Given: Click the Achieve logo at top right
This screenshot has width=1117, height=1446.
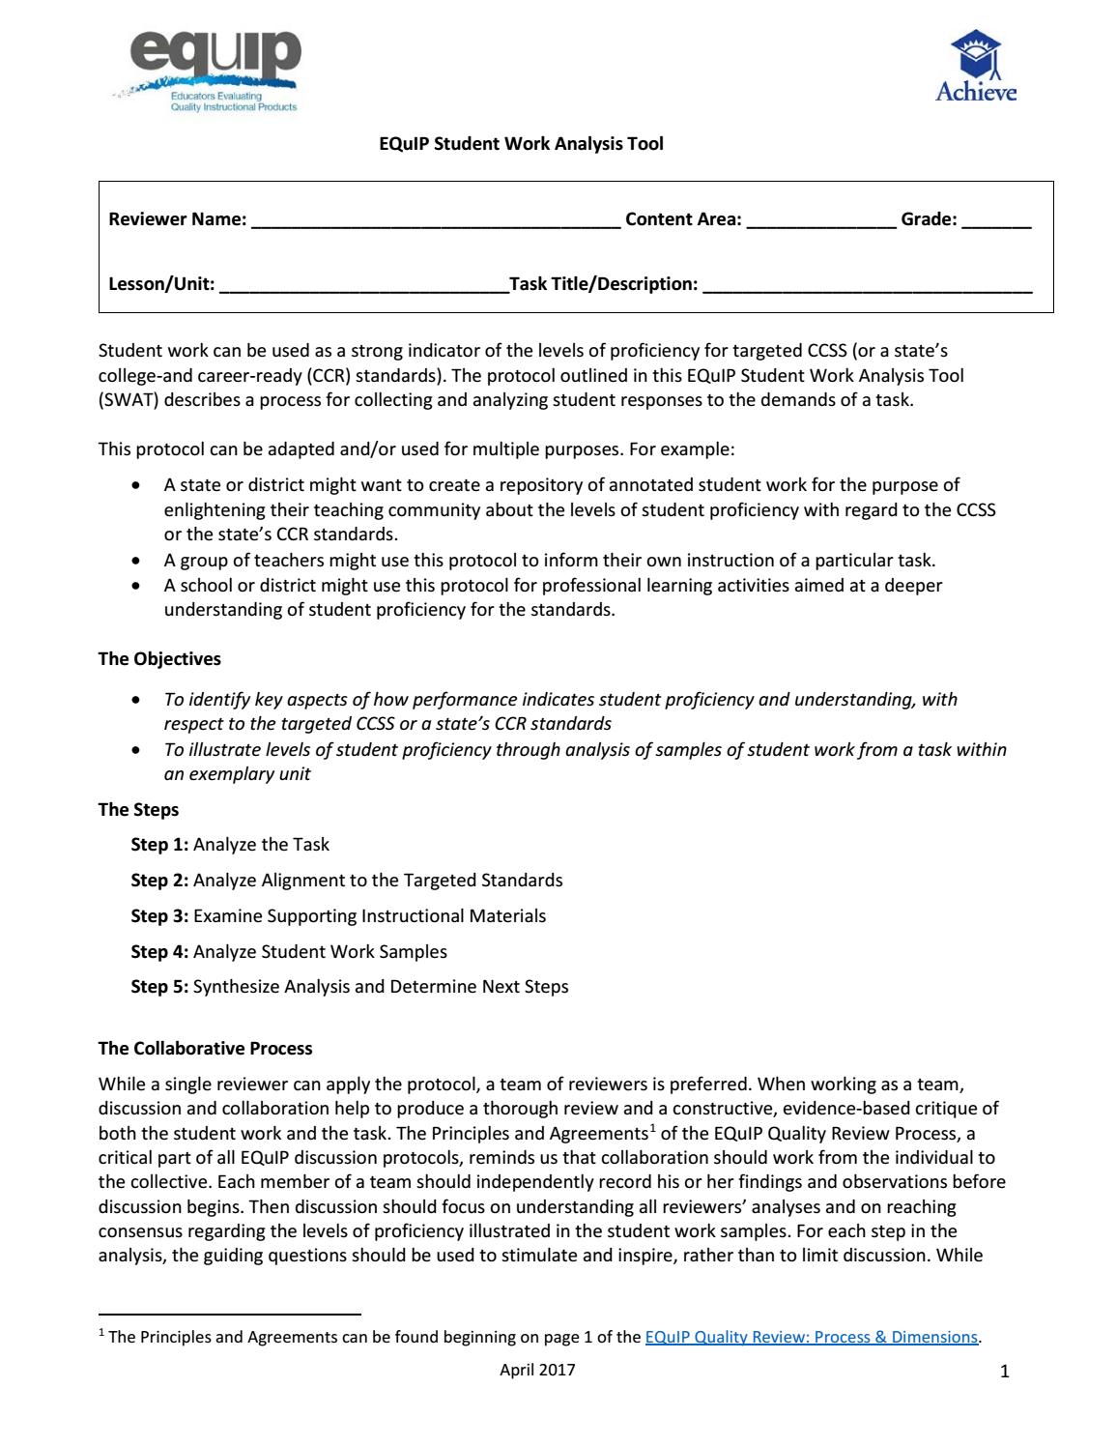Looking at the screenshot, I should pyautogui.click(x=976, y=66).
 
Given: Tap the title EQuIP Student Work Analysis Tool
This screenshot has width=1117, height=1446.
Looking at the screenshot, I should pyautogui.click(x=520, y=144).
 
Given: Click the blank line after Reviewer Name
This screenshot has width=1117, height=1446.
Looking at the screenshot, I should pyautogui.click(x=435, y=221).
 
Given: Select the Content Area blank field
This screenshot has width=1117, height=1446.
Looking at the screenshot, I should pyautogui.click(x=821, y=221).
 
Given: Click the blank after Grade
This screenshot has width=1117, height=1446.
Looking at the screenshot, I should pyautogui.click(x=997, y=221).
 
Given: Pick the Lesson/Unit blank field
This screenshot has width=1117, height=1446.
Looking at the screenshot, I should pyautogui.click(x=363, y=286).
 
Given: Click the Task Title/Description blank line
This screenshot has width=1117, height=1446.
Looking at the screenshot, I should pyautogui.click(x=867, y=286).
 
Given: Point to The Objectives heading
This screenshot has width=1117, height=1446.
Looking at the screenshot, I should pyautogui.click(x=159, y=659).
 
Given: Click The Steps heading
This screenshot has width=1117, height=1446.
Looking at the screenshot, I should pyautogui.click(x=138, y=810).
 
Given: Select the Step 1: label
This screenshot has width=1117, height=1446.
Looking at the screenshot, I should pyautogui.click(x=159, y=845).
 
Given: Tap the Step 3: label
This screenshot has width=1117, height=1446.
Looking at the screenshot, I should pyautogui.click(x=159, y=916).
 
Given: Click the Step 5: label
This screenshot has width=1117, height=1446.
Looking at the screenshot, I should pyautogui.click(x=159, y=987).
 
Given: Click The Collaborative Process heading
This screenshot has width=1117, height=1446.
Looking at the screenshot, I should pyautogui.click(x=205, y=1049).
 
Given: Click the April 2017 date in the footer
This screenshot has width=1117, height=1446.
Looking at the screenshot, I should pyautogui.click(x=537, y=1370).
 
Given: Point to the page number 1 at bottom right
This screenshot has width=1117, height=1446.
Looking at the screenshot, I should pyautogui.click(x=1005, y=1372).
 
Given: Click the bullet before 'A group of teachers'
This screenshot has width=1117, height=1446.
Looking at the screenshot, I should pyautogui.click(x=141, y=561).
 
